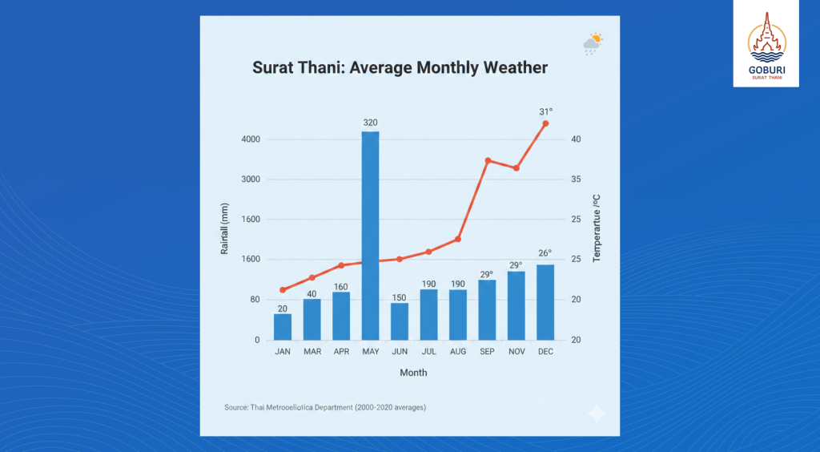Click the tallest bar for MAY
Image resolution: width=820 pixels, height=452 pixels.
(370, 236)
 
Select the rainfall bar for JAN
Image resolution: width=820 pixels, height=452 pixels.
(283, 326)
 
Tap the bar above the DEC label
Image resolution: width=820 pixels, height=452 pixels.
(545, 302)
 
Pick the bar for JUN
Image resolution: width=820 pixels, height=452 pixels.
(400, 321)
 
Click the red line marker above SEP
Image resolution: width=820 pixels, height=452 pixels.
(488, 161)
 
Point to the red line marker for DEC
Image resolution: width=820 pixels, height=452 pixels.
(545, 123)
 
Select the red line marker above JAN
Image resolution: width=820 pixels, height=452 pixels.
(283, 290)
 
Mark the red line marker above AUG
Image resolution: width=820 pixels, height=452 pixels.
(458, 239)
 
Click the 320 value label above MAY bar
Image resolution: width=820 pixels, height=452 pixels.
(370, 123)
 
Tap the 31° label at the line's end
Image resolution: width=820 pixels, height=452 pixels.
(545, 111)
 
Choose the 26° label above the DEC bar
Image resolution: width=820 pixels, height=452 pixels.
(545, 253)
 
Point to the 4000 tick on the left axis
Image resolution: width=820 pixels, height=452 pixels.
(251, 139)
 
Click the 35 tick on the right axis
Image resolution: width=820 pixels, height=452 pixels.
(575, 180)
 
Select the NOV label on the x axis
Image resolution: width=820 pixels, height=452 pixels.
(516, 352)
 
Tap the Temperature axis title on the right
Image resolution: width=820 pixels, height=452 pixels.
(596, 228)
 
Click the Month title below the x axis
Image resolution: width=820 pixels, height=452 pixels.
(413, 373)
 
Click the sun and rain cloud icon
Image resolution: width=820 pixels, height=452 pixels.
(593, 44)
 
